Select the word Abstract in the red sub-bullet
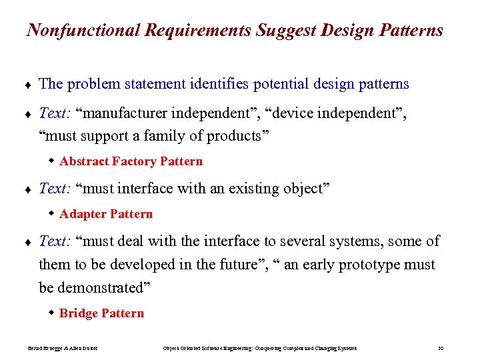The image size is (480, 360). click(x=84, y=161)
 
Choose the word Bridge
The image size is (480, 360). click(x=79, y=313)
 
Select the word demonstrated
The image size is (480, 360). click(x=103, y=288)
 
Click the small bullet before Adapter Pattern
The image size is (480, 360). click(x=51, y=213)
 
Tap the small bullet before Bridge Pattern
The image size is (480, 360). click(x=51, y=313)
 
